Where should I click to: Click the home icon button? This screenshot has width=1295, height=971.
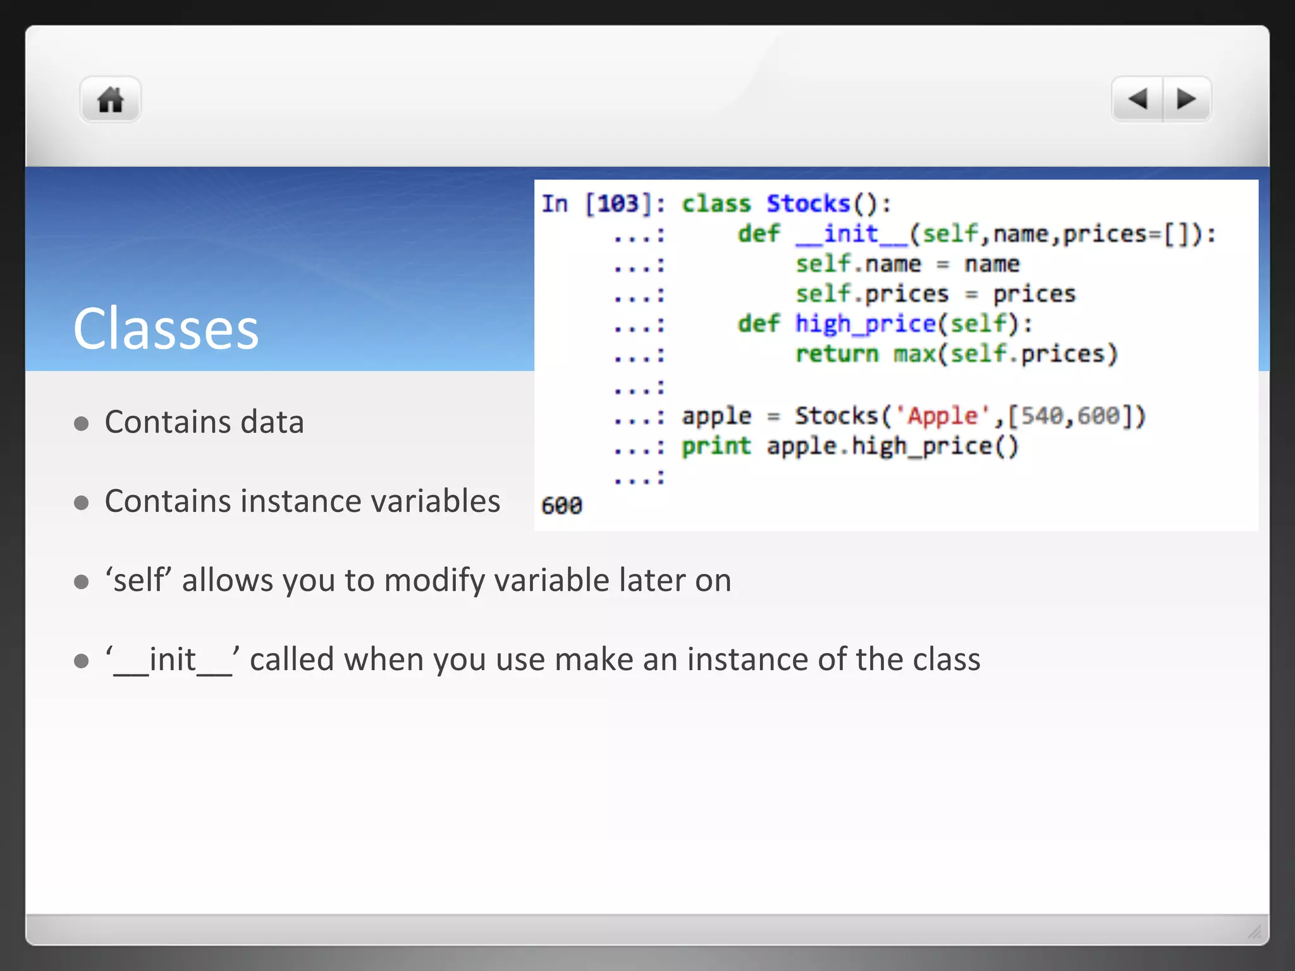tap(110, 100)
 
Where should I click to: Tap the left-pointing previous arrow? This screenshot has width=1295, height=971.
tap(1138, 99)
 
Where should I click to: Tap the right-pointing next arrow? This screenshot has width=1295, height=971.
tap(1186, 99)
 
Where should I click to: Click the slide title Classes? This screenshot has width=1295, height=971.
tap(166, 329)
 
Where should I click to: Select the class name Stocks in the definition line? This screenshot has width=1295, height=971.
tap(808, 204)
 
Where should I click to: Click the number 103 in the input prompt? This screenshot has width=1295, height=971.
tap(618, 204)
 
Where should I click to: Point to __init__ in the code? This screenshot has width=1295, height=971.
tap(852, 234)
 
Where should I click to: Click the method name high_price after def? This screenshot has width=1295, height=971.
tap(865, 324)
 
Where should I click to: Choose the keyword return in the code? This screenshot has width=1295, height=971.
tap(837, 354)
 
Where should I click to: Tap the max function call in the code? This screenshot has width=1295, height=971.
tap(914, 354)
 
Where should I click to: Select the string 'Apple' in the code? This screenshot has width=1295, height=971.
tap(943, 416)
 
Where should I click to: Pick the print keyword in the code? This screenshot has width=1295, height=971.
tap(716, 446)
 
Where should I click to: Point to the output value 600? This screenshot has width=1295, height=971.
tap(562, 506)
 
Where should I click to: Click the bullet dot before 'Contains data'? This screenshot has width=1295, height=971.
tap(81, 424)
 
